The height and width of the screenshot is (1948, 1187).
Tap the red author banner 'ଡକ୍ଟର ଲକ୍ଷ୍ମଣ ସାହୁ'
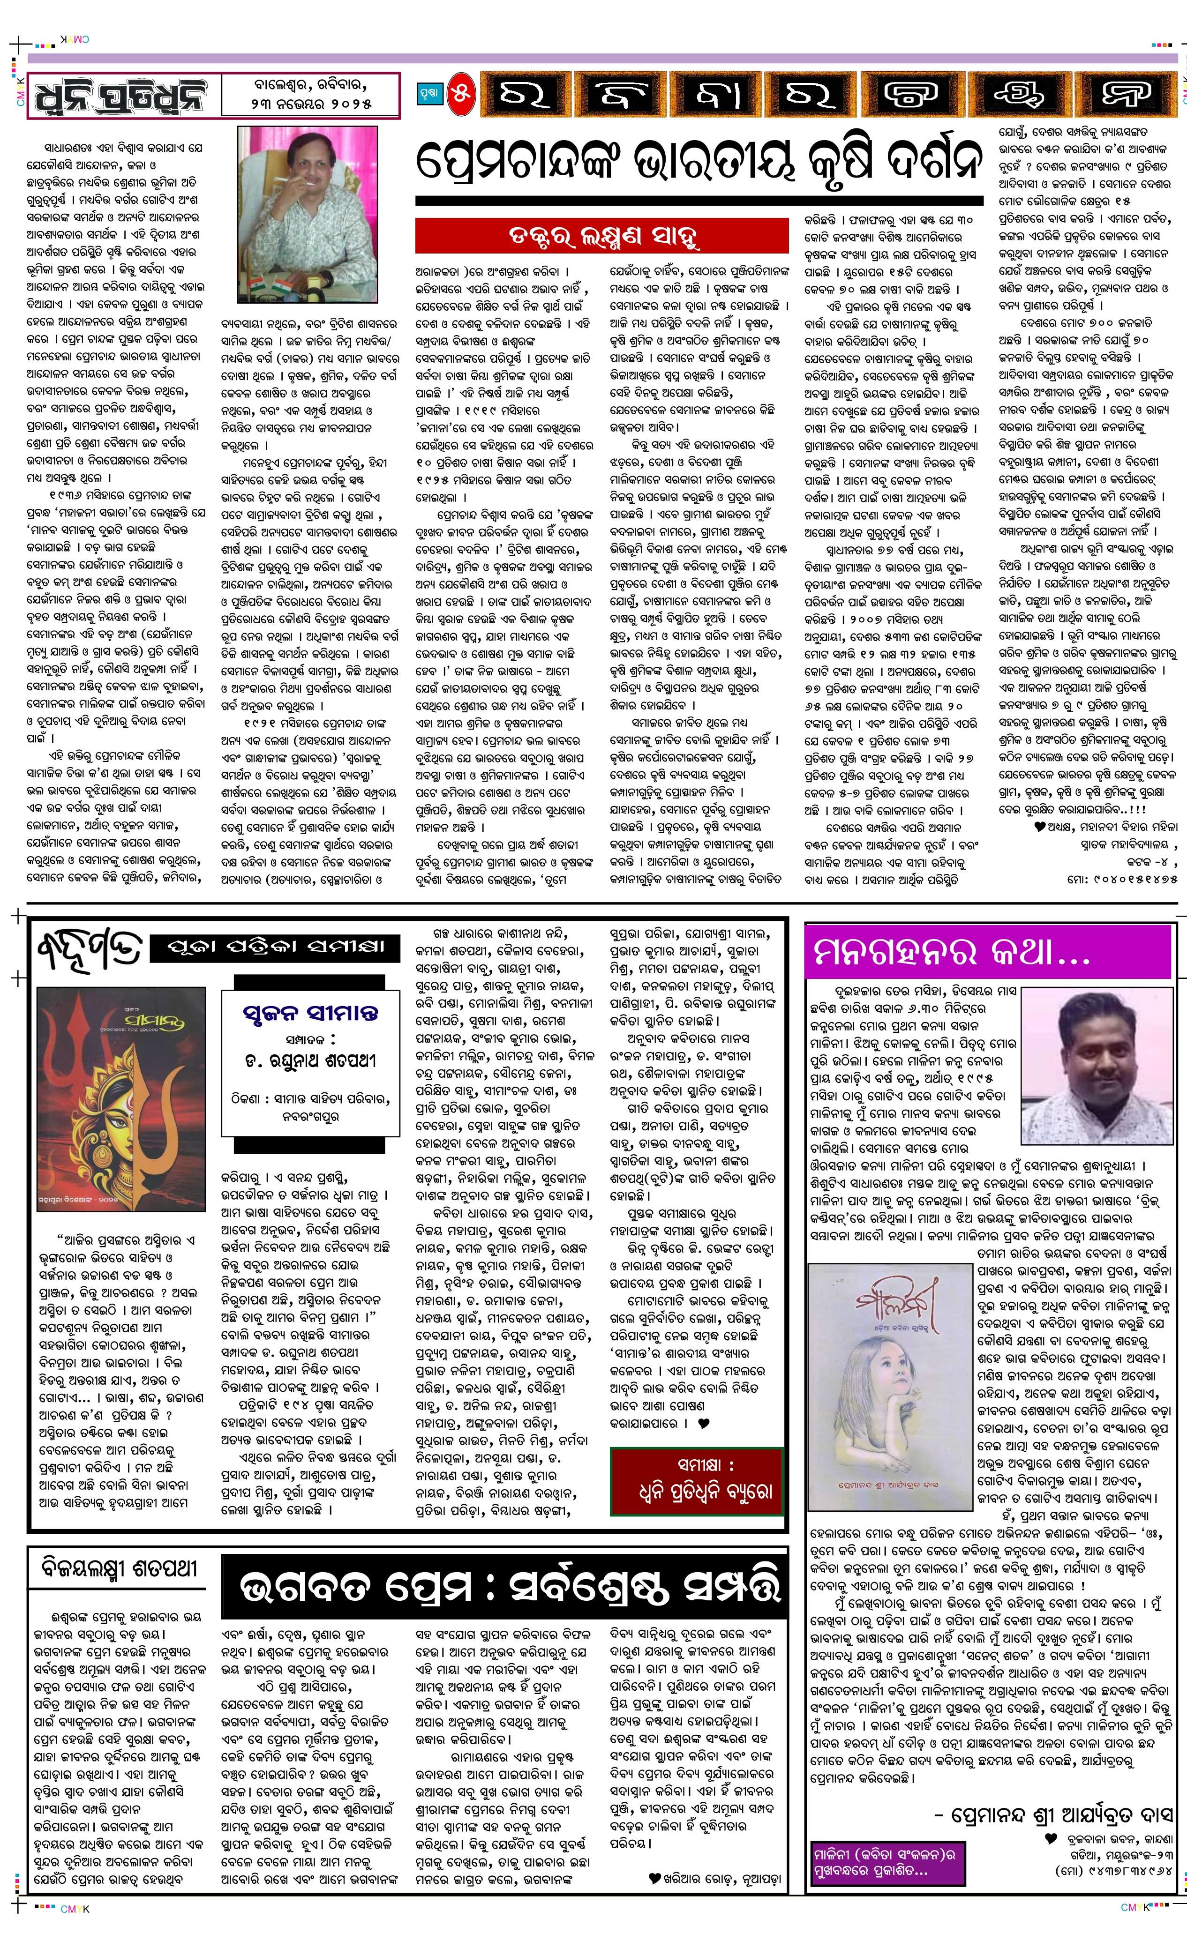(602, 236)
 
